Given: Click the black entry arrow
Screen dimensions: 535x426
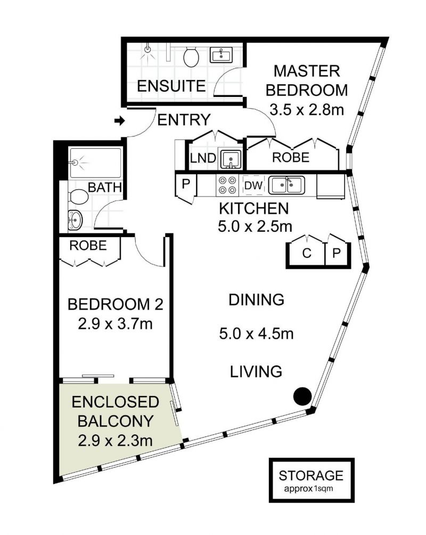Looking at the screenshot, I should point(120,121).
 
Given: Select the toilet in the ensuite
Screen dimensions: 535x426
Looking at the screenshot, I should point(191,56).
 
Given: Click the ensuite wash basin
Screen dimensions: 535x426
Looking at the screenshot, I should point(220,55).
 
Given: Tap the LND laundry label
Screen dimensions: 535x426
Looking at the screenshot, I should point(203,158).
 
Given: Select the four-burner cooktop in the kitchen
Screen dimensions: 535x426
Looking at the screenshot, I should point(228,185).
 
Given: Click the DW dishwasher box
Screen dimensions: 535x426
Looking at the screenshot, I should point(253,185).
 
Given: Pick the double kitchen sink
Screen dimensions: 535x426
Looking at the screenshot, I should point(288,185).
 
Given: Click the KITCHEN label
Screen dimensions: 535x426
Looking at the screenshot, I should point(255,208).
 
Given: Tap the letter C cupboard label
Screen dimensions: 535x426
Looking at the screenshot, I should point(306,253).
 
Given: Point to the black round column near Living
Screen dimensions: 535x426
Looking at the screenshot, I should point(302,395).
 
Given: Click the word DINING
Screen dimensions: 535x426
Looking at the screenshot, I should point(256,300).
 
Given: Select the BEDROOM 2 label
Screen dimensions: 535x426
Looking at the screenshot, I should point(115,305).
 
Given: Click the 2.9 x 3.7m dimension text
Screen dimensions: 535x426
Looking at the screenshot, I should point(115,323).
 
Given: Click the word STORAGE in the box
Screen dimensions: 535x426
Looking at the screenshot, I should point(312,475).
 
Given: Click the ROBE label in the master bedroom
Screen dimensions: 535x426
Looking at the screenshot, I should point(291,157).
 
